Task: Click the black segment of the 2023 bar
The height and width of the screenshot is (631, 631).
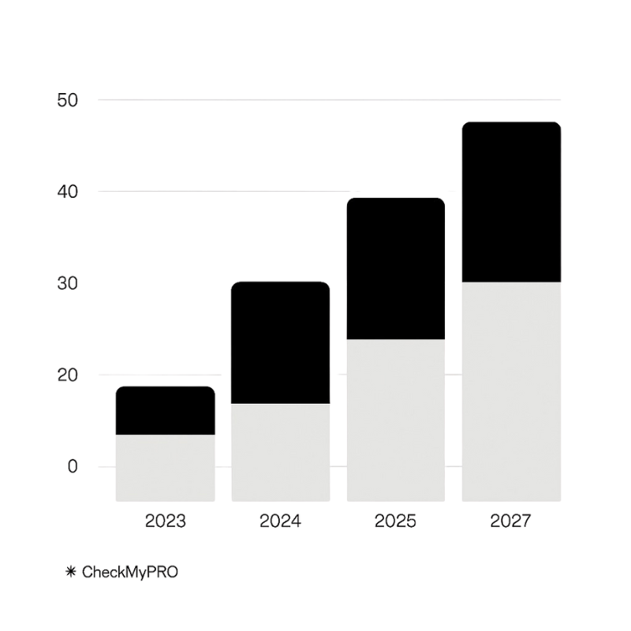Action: pos(165,410)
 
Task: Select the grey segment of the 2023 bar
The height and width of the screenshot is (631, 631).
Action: pos(165,468)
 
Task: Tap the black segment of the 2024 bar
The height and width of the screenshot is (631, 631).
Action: pos(280,342)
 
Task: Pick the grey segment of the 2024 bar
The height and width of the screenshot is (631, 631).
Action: pos(280,452)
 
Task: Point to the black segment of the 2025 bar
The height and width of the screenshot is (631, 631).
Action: pos(396,268)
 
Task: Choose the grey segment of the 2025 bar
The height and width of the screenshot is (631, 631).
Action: pos(396,420)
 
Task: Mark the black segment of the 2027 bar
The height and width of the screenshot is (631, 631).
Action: pos(511,202)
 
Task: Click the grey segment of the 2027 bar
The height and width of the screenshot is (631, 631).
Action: pos(511,391)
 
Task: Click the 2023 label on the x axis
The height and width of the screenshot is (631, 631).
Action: pos(165,521)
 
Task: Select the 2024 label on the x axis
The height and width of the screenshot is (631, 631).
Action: pos(280,521)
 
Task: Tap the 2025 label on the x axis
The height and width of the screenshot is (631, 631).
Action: pos(396,521)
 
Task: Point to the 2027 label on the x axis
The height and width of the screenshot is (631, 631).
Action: pos(511,521)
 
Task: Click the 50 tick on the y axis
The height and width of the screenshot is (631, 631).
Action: pos(68,100)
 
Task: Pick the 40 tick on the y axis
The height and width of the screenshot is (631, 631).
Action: pos(68,192)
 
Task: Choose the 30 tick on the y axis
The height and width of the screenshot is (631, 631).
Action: pos(68,283)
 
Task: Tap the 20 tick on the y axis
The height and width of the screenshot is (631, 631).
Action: pos(68,375)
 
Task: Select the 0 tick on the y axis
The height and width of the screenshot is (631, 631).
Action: pos(73,466)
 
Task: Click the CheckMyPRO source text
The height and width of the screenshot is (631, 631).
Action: pos(130,572)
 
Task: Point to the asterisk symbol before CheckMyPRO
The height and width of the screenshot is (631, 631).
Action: pos(70,572)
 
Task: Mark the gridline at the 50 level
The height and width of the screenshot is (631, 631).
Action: pos(331,100)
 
